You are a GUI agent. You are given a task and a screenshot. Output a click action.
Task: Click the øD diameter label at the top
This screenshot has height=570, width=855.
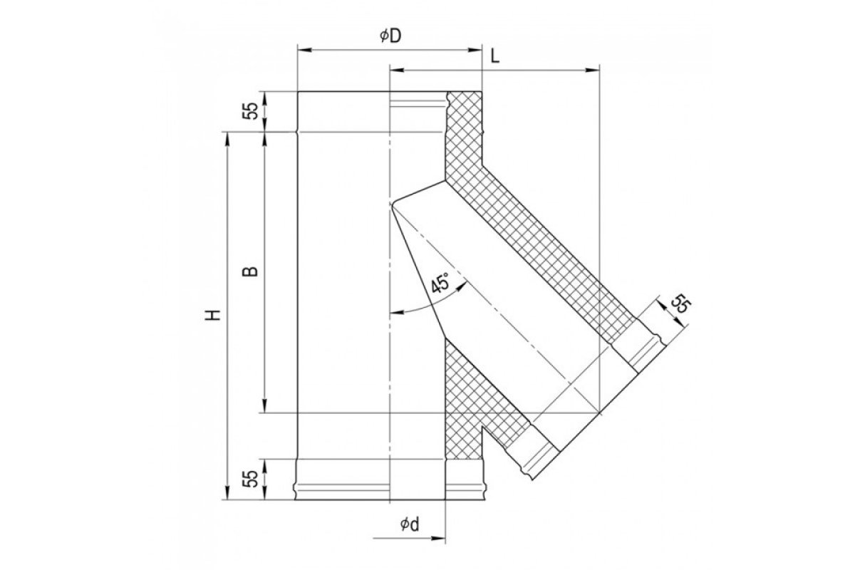[x=391, y=36]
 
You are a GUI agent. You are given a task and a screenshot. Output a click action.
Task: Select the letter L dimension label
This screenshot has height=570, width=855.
[x=495, y=57]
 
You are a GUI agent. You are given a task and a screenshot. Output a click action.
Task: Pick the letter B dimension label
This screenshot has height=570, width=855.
[x=250, y=271]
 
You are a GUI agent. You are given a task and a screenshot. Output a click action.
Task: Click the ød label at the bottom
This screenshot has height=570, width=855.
[x=410, y=524]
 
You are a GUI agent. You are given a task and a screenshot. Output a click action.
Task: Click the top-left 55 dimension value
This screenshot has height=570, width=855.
[x=251, y=110]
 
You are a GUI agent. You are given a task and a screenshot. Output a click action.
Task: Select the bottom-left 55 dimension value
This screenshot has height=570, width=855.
[x=251, y=479]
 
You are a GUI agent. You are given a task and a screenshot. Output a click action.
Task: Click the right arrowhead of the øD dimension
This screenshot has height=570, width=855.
[x=475, y=50]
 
